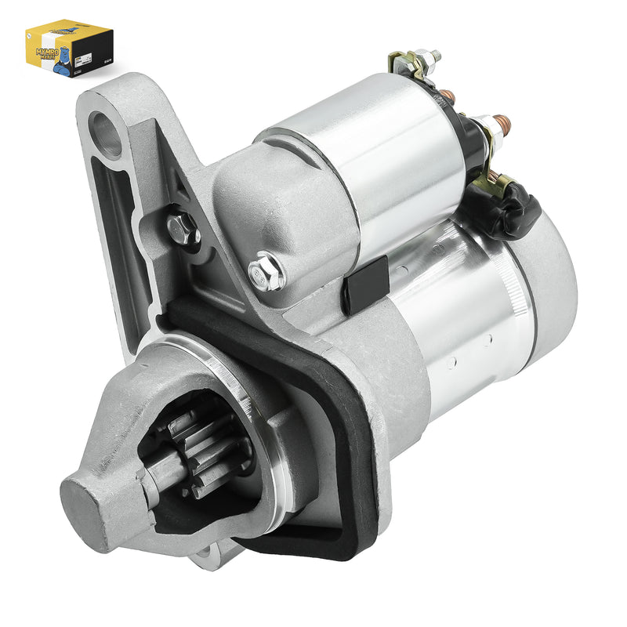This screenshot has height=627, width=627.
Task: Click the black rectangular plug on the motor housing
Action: (x=365, y=284)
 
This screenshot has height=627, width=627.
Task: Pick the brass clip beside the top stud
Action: (x=402, y=63)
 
